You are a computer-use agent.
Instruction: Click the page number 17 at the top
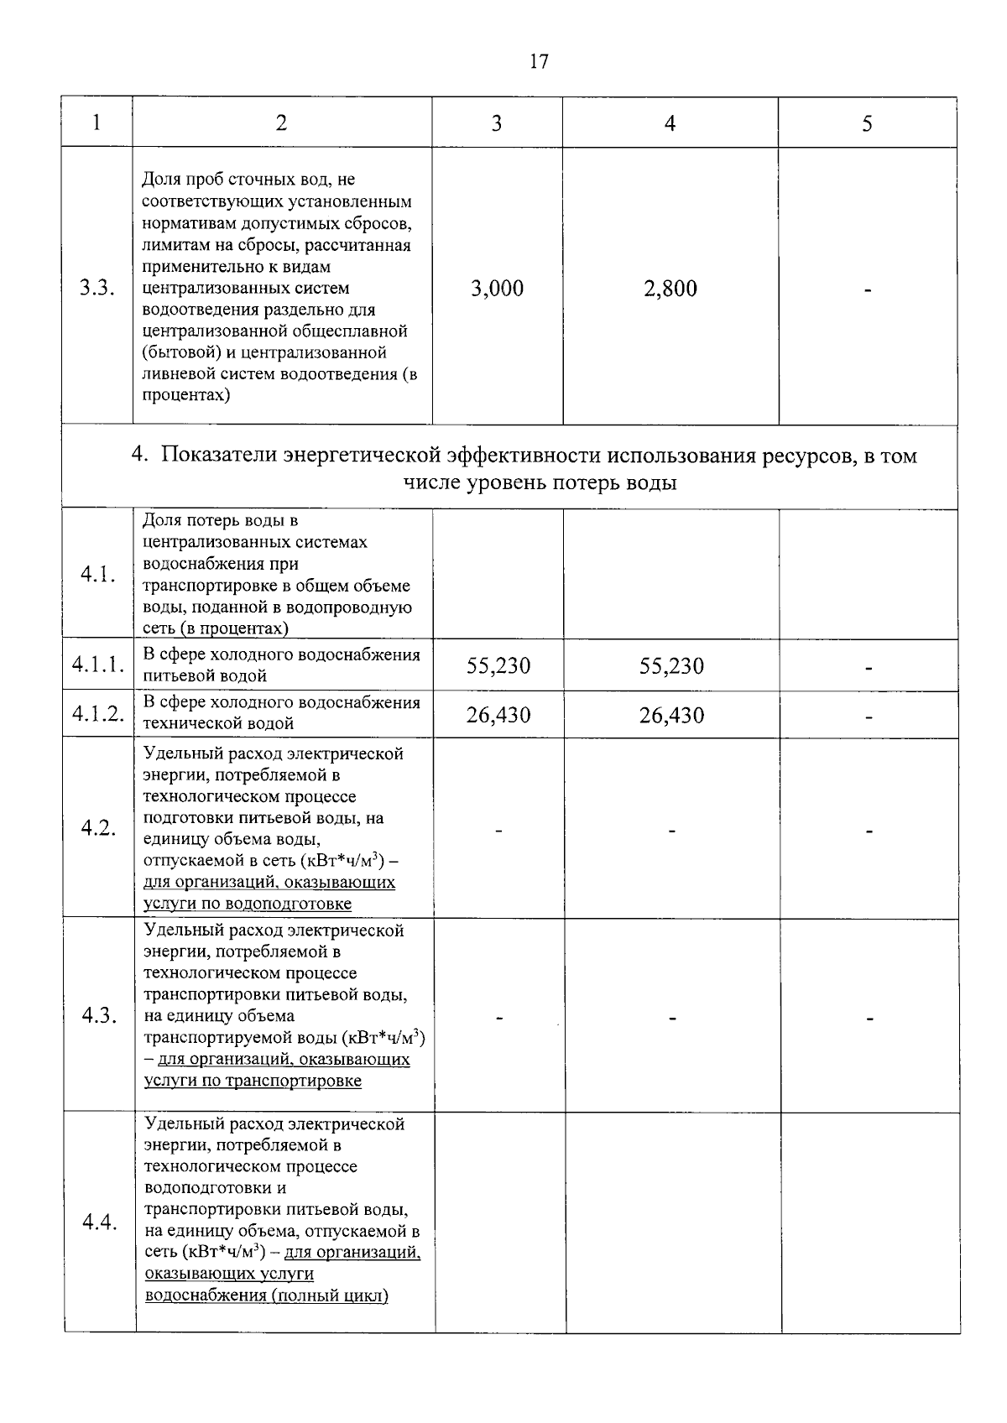click(539, 61)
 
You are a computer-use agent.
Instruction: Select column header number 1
click(97, 122)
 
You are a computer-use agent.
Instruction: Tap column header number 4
click(670, 122)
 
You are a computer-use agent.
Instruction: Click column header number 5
click(867, 123)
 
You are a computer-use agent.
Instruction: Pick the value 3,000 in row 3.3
click(497, 289)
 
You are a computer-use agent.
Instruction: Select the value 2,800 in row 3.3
click(670, 289)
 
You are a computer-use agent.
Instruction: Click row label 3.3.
click(97, 289)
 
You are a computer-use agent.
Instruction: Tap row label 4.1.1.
click(98, 665)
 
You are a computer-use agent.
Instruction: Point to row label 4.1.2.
click(98, 714)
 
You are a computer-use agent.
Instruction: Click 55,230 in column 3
click(498, 666)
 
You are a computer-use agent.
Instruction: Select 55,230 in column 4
click(671, 666)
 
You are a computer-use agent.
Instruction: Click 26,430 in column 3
click(498, 716)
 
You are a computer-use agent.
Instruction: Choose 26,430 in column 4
click(671, 716)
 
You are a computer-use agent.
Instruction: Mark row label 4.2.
click(98, 828)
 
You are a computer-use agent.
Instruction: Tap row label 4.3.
click(98, 1016)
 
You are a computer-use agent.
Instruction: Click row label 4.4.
click(98, 1222)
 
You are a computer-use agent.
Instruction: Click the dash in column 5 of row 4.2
click(869, 831)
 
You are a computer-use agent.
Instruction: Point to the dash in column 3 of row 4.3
click(498, 1018)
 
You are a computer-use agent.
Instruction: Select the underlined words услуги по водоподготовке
click(248, 904)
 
